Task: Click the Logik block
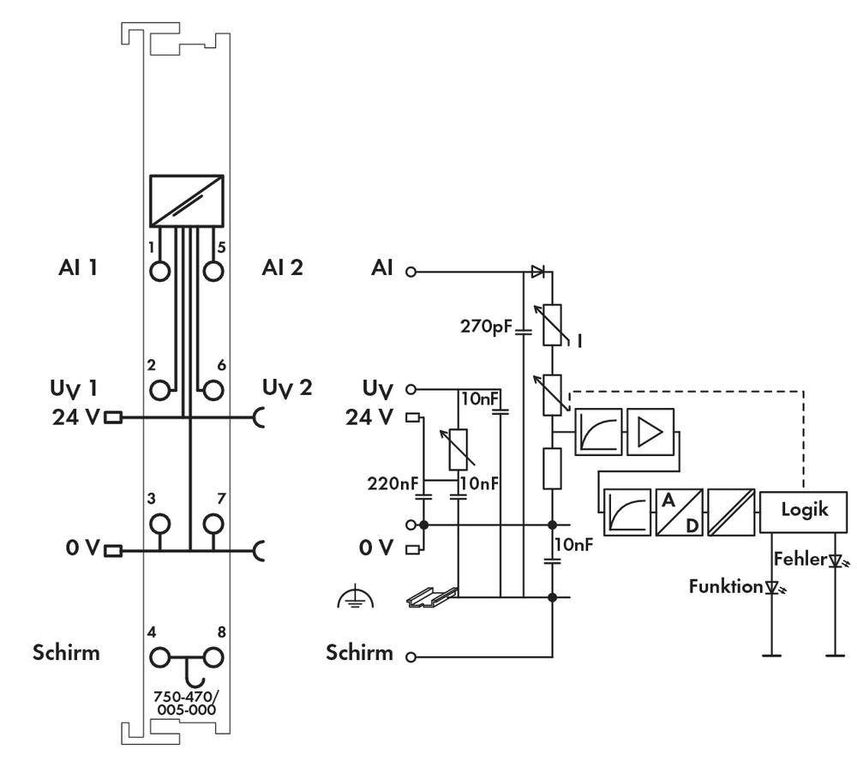click(805, 510)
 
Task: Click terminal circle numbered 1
click(160, 269)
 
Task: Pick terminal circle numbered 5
click(213, 269)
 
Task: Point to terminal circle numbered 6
click(213, 390)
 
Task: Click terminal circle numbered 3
click(160, 523)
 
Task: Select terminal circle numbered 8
click(213, 658)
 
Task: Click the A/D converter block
click(680, 512)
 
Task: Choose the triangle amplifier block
click(650, 433)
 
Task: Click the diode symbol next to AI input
click(537, 272)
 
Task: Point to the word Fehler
click(799, 559)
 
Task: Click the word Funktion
click(725, 587)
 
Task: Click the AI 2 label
click(282, 268)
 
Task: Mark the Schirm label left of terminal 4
click(66, 653)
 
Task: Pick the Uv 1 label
click(73, 388)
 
